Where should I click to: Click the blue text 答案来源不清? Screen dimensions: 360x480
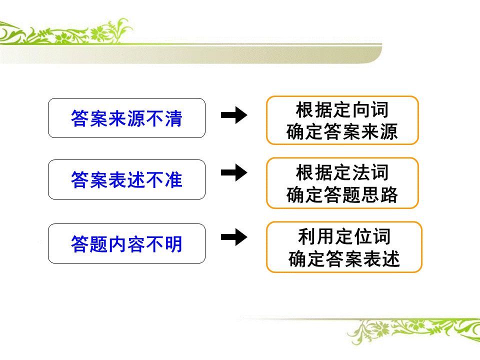126,118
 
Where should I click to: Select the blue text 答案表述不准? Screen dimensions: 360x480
126,180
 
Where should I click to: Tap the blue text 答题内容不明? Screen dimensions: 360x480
126,244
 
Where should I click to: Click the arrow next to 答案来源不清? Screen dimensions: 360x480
234,115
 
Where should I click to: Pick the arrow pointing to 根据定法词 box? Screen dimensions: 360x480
234,172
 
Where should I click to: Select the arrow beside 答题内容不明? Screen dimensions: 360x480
234,236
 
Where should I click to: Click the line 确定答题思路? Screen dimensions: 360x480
342,195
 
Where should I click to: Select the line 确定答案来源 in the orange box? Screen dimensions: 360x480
342,132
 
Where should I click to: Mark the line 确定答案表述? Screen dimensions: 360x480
344,259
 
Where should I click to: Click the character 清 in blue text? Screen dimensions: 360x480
172,118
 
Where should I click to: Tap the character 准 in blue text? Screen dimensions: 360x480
172,180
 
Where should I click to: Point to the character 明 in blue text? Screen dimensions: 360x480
172,244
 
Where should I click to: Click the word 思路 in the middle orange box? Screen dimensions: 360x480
379,195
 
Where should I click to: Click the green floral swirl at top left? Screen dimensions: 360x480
65,35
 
